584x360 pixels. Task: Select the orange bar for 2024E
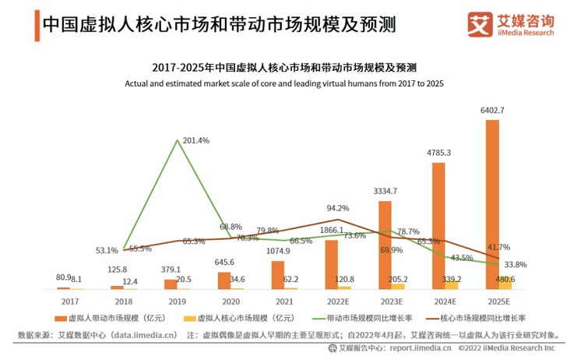[x=438, y=225]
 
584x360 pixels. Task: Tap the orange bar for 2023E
[x=385, y=245]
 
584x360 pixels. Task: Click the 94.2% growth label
[x=337, y=208]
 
